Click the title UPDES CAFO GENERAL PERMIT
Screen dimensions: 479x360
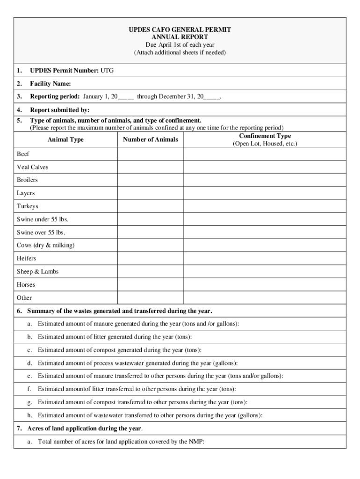[180, 29]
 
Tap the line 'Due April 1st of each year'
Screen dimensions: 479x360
[180, 45]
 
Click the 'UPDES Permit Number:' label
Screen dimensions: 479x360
[64, 71]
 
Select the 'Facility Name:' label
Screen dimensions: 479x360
[50, 84]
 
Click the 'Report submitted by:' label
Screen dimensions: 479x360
[60, 110]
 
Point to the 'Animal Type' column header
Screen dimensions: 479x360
[65, 139]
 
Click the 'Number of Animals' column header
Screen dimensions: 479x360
[150, 139]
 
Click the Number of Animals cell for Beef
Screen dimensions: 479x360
[150, 154]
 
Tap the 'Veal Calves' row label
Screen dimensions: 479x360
[33, 167]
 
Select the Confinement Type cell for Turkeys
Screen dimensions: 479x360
[265, 206]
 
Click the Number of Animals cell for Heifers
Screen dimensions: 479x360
[150, 259]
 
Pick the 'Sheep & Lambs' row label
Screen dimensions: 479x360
[38, 272]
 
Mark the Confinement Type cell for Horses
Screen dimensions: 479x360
[265, 285]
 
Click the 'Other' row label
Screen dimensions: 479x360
[24, 298]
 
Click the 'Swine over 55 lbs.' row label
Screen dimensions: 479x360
[41, 232]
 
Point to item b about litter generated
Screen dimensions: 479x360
[115, 337]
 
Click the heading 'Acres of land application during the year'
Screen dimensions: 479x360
[84, 428]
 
